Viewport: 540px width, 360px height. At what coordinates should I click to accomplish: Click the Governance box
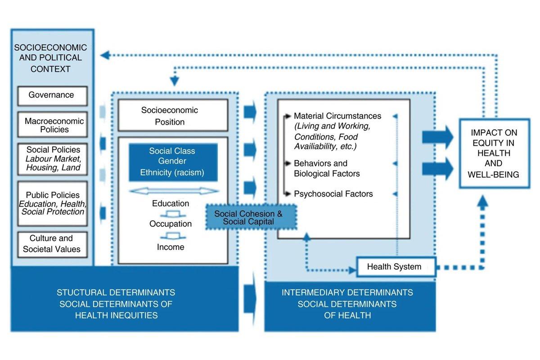click(52, 96)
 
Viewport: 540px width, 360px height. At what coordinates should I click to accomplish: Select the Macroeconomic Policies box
click(52, 125)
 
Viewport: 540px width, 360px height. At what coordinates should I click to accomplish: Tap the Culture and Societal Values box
click(52, 244)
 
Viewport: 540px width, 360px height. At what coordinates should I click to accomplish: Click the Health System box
click(396, 267)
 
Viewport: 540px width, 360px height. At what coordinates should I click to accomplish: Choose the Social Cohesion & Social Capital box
click(251, 217)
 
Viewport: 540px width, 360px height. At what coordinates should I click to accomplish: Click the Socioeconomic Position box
click(173, 115)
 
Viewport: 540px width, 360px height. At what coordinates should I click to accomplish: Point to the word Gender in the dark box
click(172, 161)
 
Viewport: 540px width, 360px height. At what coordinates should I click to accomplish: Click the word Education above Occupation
click(171, 203)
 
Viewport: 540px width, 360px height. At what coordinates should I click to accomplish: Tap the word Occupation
click(171, 224)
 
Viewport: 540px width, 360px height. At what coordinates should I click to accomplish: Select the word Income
click(171, 247)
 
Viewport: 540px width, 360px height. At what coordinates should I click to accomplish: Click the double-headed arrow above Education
click(174, 191)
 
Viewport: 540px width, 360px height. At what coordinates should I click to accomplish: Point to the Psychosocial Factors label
click(333, 193)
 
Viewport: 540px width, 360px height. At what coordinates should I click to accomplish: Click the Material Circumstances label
click(337, 116)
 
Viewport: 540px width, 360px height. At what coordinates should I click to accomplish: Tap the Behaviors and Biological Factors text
click(327, 168)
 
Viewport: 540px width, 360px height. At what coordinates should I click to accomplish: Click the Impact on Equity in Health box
click(495, 153)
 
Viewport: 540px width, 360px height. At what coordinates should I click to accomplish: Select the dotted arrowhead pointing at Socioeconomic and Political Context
click(105, 55)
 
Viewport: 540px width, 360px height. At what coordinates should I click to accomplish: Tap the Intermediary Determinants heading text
click(347, 304)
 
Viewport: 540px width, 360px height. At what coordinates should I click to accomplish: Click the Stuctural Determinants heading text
click(116, 304)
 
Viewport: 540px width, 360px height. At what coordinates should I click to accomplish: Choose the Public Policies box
click(52, 204)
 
